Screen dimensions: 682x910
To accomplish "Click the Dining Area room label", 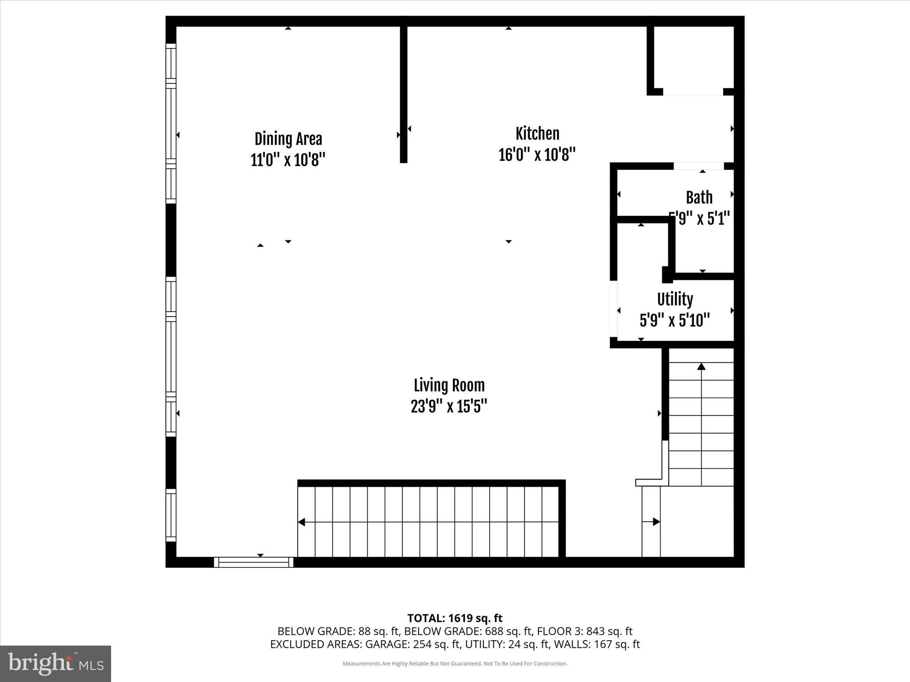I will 288,139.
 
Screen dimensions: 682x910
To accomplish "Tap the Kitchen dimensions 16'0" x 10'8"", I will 537,155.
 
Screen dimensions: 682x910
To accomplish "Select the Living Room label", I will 449,385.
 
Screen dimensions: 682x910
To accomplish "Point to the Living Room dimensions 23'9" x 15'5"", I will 449,406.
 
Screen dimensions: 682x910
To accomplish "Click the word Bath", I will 699,198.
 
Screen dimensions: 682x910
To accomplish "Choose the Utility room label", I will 675,299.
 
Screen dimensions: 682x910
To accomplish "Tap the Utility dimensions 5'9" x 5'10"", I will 675,320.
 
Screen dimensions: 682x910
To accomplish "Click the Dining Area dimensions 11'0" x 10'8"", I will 288,160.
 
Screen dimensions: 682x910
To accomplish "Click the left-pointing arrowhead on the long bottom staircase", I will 301,522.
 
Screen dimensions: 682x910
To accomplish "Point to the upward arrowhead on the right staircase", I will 701,366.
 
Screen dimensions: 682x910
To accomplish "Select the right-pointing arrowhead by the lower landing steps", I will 656,522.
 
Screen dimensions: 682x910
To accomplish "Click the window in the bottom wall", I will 254,562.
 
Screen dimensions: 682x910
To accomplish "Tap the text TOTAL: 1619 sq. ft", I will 455,618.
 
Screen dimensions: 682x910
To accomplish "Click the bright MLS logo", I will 56,663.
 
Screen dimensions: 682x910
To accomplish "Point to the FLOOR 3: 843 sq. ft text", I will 584,631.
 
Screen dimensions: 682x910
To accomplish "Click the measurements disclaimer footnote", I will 455,664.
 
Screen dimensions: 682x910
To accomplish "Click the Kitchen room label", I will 537,134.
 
